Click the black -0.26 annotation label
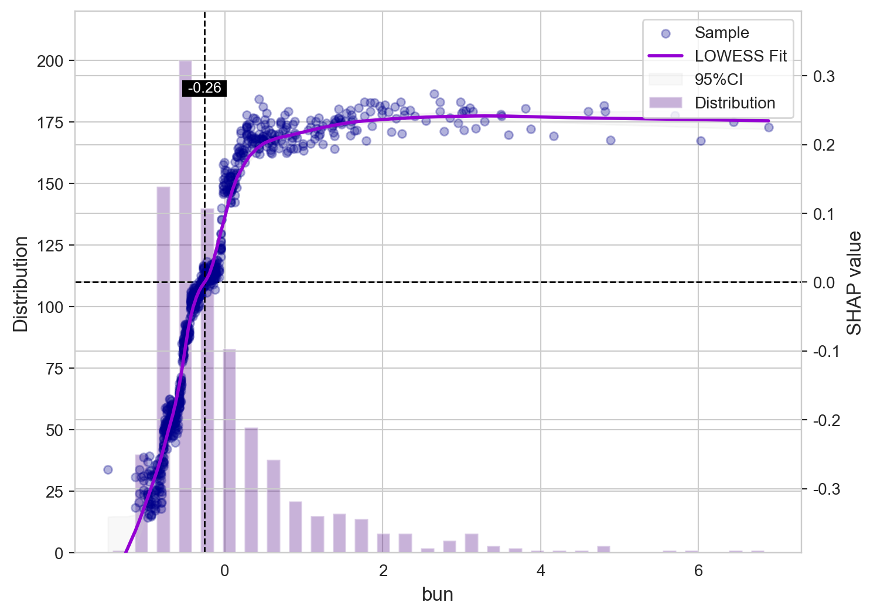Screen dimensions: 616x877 [204, 89]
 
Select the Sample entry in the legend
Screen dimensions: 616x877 [721, 33]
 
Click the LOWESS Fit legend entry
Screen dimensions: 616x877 [740, 56]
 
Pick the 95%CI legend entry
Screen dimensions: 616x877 [718, 80]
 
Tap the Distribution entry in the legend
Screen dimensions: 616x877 [735, 103]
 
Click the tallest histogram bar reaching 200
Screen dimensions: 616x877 [185, 305]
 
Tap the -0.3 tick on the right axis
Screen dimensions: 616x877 [826, 489]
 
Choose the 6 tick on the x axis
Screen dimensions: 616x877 [698, 570]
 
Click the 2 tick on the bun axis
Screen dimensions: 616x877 [383, 570]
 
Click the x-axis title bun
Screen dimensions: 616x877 [438, 594]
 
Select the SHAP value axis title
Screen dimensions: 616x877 [855, 283]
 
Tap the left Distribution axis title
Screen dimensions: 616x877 [21, 284]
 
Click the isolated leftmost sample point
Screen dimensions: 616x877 [108, 469]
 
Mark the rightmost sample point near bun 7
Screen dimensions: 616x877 [769, 127]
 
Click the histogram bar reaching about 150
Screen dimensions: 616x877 [163, 369]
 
